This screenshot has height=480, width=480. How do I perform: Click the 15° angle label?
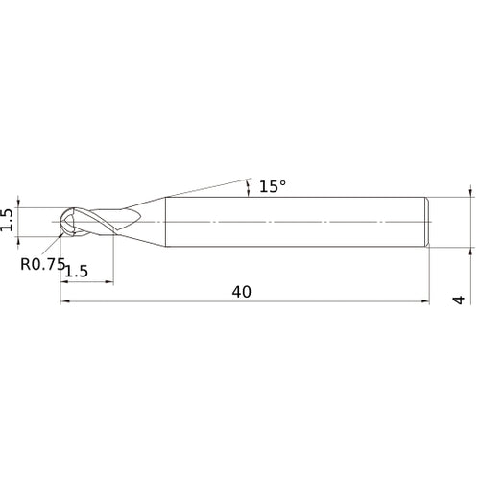[273, 186]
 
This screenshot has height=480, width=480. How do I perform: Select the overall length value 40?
[242, 292]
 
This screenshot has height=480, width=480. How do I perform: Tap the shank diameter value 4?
[459, 300]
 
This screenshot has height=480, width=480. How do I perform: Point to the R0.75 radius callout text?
[43, 264]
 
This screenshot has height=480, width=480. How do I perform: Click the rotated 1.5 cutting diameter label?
[7, 220]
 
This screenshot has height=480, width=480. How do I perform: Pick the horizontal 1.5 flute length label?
[77, 272]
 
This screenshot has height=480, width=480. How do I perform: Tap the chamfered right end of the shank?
[427, 222]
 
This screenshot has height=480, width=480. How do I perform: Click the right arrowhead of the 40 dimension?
[425, 301]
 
